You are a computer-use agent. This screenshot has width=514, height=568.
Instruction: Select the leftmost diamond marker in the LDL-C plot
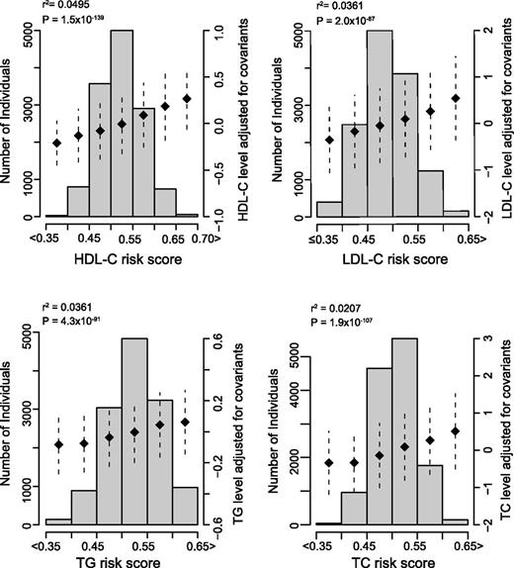tap(329, 140)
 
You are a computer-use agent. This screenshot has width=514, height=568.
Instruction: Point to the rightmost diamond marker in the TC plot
tap(456, 430)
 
